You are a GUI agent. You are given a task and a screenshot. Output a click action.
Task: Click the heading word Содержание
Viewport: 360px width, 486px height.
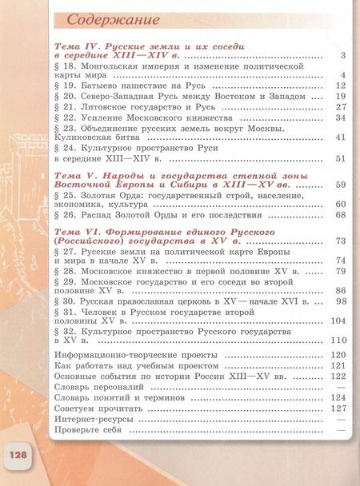[112, 17]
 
